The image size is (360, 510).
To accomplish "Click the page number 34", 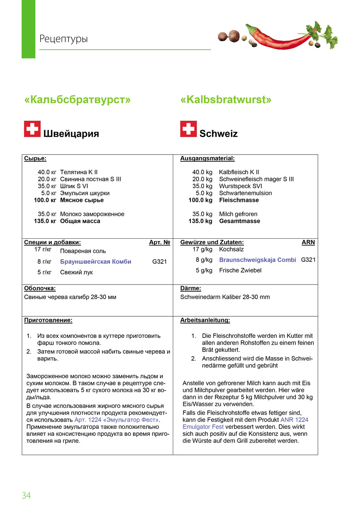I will (x=26, y=496).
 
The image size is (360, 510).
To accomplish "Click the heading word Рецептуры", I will (x=63, y=39).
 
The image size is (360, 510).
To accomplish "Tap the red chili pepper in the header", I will (x=279, y=38).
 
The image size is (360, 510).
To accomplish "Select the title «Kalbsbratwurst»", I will (x=226, y=100).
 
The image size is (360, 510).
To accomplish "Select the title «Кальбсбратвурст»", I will (x=77, y=100).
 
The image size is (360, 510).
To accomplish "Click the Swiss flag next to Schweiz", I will (x=188, y=129).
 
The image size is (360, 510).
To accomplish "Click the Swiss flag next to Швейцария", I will (x=32, y=129).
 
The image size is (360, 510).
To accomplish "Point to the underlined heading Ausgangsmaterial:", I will (x=207, y=159).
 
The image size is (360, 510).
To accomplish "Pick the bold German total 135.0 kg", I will (x=200, y=221).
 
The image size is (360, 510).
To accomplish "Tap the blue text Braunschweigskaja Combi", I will (x=258, y=260).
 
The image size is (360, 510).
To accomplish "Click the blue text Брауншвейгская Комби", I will (x=96, y=262).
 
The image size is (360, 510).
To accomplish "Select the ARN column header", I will (x=308, y=242).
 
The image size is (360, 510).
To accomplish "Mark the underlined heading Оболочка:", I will (x=40, y=288).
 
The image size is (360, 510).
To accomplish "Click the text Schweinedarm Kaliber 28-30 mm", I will (x=225, y=297).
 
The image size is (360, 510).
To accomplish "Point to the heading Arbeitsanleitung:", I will (x=205, y=320).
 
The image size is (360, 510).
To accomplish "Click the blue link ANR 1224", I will (x=294, y=420).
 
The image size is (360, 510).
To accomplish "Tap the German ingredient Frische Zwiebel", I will (x=240, y=270).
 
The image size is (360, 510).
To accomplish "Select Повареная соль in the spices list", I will (x=83, y=251).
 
